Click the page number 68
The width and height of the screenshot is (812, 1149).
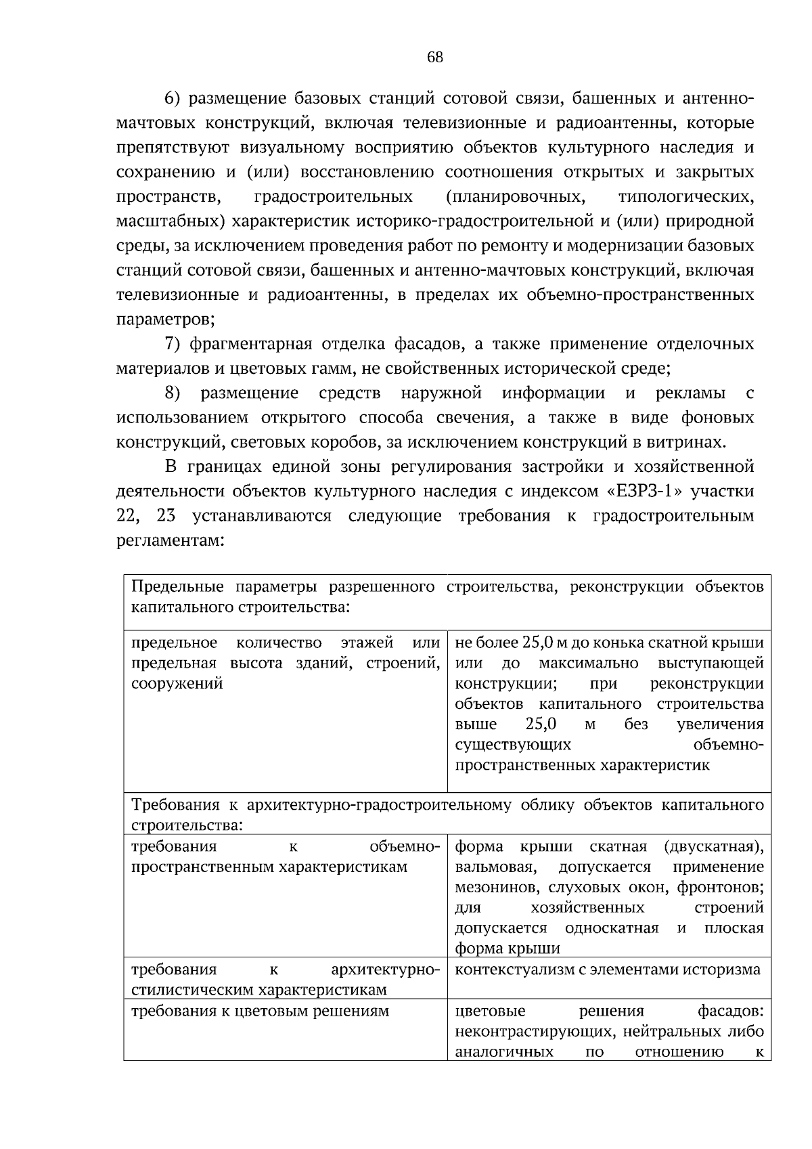(435, 58)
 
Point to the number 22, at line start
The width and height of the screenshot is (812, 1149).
(129, 516)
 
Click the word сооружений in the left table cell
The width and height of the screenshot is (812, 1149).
(177, 683)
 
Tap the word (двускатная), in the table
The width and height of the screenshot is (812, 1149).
(714, 847)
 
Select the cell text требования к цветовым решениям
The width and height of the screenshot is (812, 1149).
(260, 1012)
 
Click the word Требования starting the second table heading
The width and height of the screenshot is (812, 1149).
(175, 806)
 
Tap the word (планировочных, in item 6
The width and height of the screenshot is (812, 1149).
(516, 197)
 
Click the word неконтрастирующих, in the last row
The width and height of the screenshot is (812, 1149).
(529, 1032)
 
